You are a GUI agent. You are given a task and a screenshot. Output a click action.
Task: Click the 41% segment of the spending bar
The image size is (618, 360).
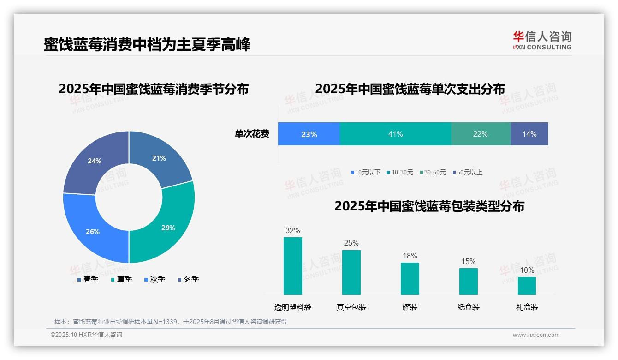pos(395,134)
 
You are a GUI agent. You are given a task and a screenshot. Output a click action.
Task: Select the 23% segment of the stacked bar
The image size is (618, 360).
pos(309,134)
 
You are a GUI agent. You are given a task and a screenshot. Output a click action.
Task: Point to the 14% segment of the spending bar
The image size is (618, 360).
pos(529,134)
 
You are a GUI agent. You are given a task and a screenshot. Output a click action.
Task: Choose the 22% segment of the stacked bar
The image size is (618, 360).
pos(481,134)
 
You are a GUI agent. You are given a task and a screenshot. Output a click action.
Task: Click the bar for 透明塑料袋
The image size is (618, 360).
pos(293,266)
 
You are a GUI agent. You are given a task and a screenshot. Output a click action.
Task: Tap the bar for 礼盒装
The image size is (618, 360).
pos(527,286)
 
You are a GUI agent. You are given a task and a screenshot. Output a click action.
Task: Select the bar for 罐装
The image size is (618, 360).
pos(410,279)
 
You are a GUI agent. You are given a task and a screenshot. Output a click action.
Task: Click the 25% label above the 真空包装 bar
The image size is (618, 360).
pos(351,243)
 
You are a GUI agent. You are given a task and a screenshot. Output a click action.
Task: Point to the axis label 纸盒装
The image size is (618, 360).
pos(468,307)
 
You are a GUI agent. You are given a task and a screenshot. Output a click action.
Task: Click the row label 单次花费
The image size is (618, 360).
pos(252,134)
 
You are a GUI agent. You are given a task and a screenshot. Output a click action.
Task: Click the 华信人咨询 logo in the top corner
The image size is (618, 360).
pos(542,40)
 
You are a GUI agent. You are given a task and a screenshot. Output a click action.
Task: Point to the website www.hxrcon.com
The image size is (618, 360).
pos(536,335)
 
